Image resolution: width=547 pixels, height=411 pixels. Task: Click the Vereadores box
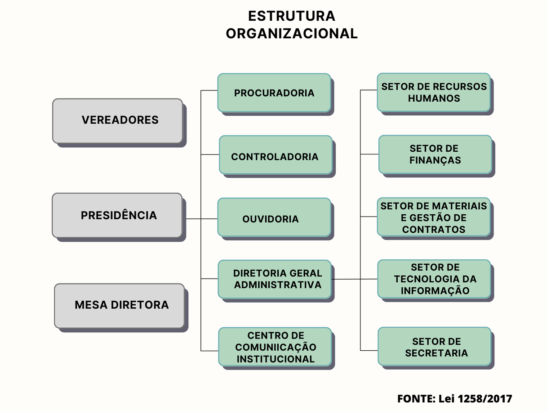(118, 121)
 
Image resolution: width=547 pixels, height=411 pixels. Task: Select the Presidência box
(117, 215)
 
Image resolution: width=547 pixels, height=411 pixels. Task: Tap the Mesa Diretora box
(120, 306)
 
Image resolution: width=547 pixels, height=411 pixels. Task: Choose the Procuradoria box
(274, 93)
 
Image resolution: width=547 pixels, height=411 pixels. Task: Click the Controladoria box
(276, 155)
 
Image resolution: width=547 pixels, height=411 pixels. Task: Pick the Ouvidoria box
(274, 217)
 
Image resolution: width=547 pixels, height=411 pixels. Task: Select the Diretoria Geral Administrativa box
(275, 279)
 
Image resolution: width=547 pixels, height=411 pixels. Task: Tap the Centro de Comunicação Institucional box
(275, 347)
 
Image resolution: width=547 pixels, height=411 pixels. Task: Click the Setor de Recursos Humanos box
(434, 92)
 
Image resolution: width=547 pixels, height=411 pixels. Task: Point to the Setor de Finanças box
(435, 154)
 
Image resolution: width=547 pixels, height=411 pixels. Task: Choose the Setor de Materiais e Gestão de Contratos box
(434, 217)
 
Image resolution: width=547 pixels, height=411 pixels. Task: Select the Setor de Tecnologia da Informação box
(434, 279)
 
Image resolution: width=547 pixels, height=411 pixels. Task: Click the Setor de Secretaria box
(435, 346)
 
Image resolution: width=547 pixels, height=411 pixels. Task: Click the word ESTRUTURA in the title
(292, 16)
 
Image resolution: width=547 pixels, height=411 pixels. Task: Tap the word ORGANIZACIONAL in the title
(292, 33)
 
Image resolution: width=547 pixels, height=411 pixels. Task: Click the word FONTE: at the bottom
(416, 399)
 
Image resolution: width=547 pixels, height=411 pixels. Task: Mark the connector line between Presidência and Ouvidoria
(202, 219)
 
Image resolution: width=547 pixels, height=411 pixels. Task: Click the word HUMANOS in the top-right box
(434, 98)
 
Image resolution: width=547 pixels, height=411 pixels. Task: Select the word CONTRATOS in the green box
(434, 230)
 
